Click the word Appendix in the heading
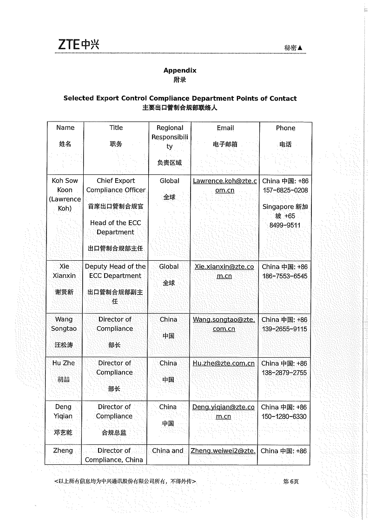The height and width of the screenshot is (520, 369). tap(180, 71)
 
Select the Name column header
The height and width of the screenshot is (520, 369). tap(65, 128)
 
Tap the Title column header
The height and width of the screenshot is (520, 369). tap(116, 128)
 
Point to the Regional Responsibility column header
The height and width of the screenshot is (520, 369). tap(170, 137)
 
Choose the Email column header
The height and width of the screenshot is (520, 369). tap(225, 128)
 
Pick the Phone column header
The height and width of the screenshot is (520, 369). tap(285, 128)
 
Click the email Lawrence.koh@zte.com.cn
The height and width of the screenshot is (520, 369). tap(225, 186)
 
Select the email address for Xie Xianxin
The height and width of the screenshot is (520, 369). tap(224, 271)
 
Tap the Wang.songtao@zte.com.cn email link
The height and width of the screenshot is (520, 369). tap(224, 324)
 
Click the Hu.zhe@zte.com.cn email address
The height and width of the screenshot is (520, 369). tap(224, 364)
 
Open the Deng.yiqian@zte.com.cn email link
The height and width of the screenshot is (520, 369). tap(224, 412)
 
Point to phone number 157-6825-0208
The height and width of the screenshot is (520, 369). tap(285, 190)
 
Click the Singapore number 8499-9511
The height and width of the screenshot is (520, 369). tap(285, 225)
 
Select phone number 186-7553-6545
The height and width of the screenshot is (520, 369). tap(284, 276)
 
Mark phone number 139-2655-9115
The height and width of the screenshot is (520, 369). tap(284, 329)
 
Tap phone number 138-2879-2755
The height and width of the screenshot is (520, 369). tap(284, 372)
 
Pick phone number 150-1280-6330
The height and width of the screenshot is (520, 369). tap(284, 417)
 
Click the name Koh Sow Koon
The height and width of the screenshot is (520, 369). tap(65, 185)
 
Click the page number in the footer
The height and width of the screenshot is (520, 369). tap(291, 481)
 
